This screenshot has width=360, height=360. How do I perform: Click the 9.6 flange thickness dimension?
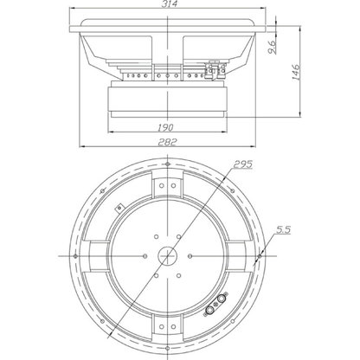[x=273, y=47]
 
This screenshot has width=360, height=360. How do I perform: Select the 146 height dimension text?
[x=296, y=72]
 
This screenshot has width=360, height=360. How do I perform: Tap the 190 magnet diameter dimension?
[x=165, y=127]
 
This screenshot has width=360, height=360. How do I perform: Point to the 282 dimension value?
[x=167, y=142]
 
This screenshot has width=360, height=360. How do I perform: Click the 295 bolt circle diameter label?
[x=243, y=164]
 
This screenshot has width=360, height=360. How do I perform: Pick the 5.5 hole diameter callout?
[x=284, y=229]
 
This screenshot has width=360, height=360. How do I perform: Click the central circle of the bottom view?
[x=168, y=255]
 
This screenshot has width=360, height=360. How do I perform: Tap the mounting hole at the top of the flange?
[x=168, y=164]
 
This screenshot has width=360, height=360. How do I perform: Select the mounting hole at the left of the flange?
[x=75, y=256]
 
